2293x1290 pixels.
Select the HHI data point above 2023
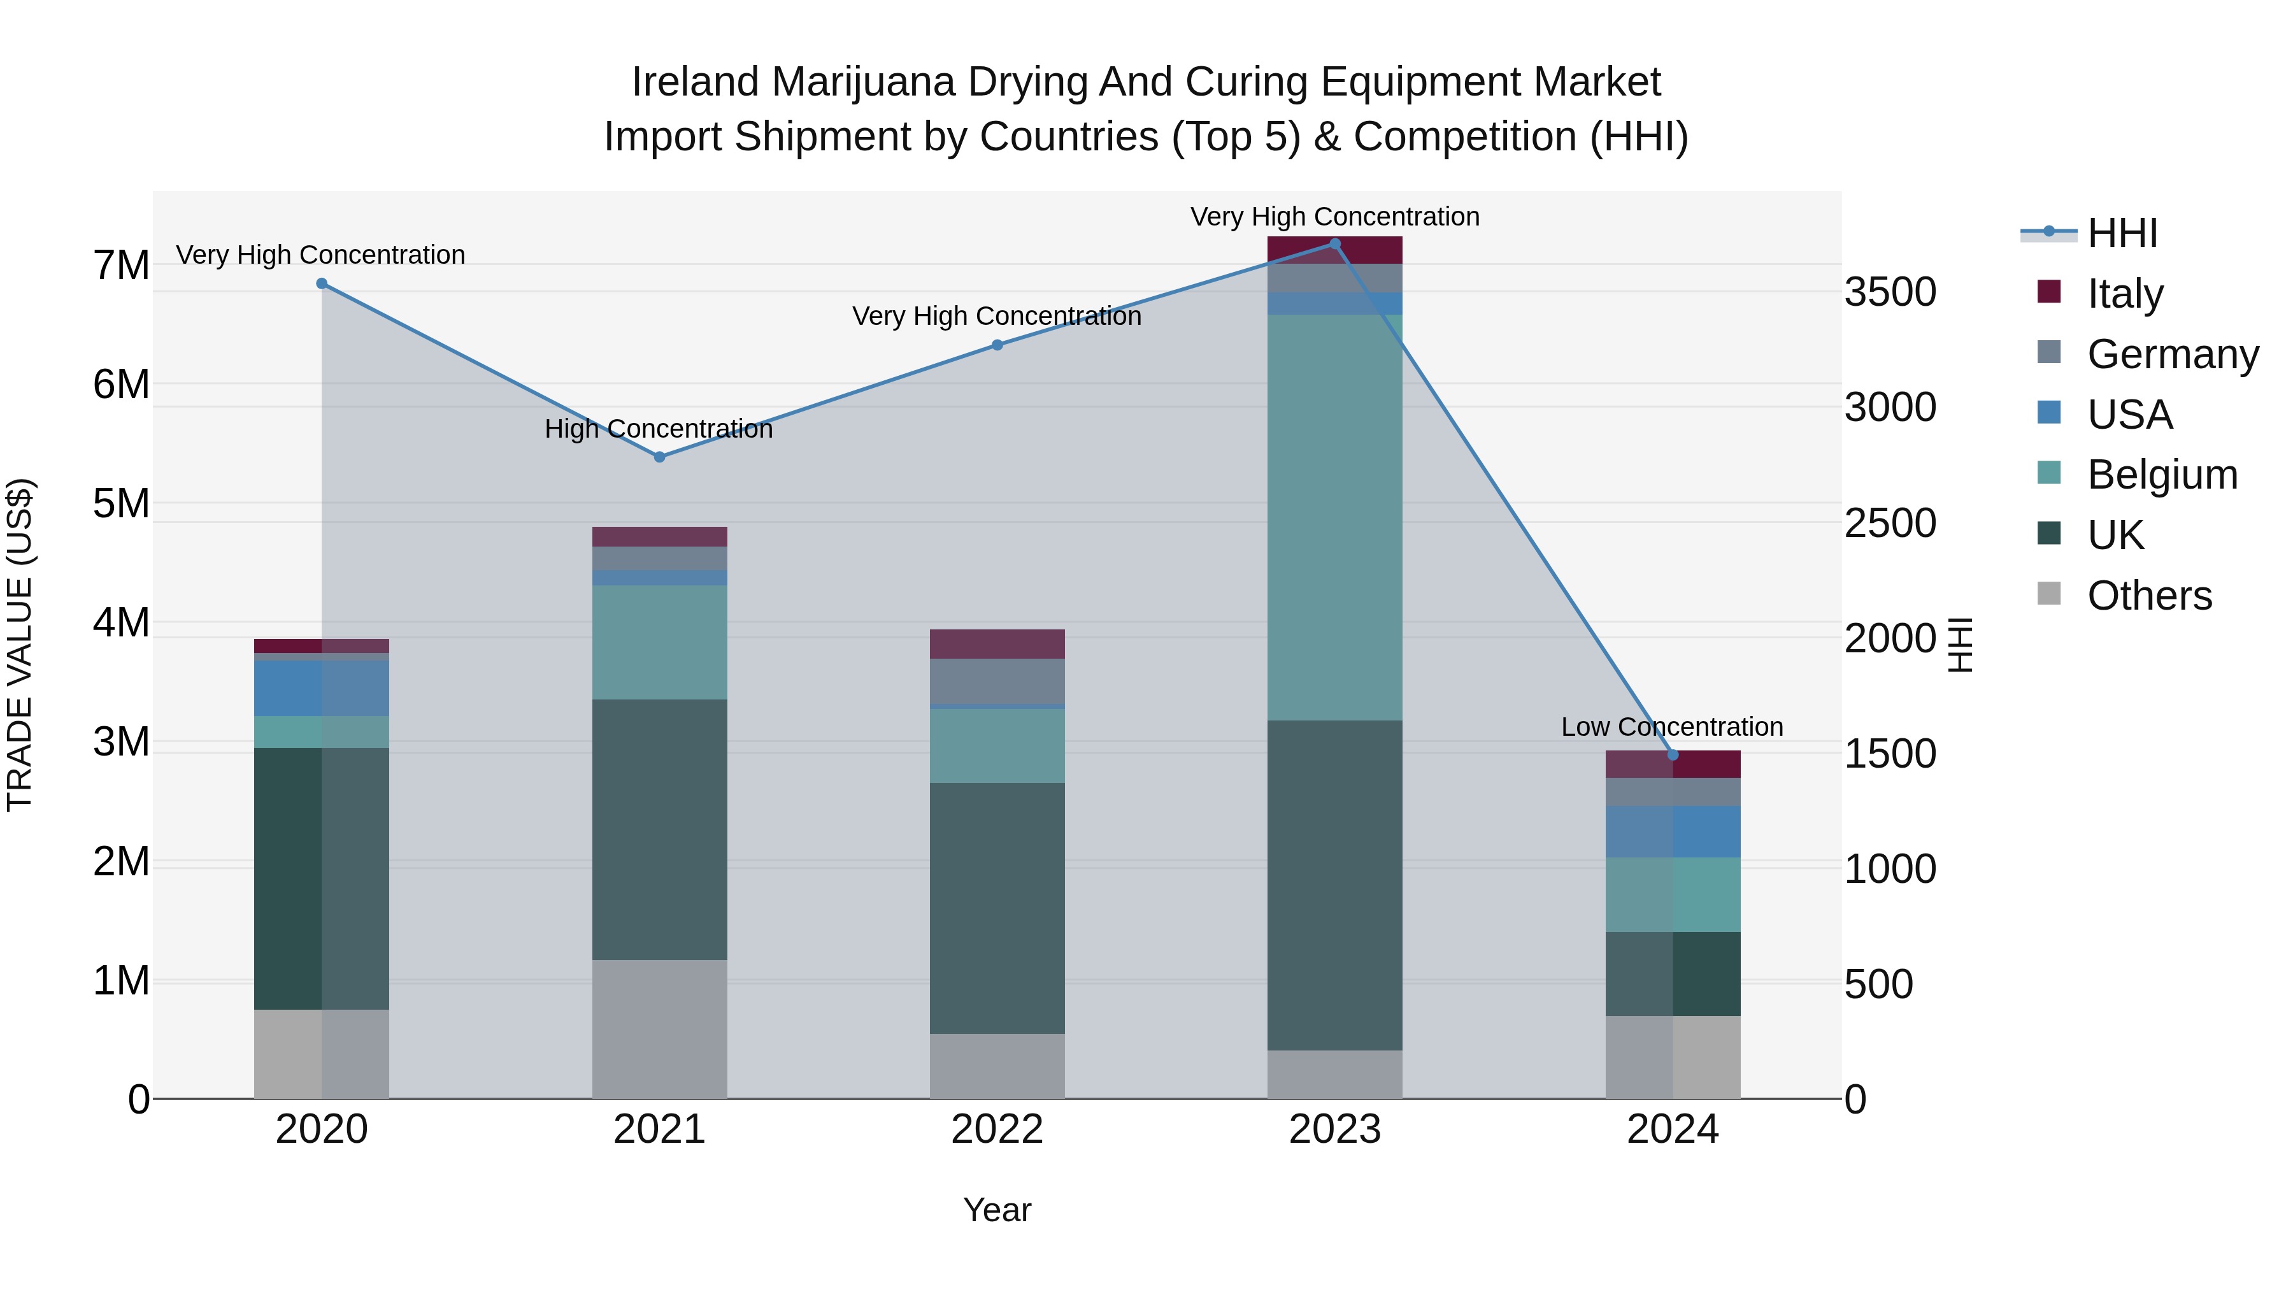click(1334, 244)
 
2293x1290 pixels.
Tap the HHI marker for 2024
click(1673, 755)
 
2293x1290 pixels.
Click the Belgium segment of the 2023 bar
click(1334, 517)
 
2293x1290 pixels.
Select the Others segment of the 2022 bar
click(997, 1066)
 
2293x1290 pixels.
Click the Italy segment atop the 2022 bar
click(997, 643)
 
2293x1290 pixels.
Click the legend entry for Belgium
click(2161, 475)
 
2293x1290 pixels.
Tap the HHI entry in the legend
click(2122, 233)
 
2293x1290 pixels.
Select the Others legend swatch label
click(2149, 596)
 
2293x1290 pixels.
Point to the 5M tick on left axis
click(121, 504)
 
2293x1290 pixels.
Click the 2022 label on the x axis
click(997, 1129)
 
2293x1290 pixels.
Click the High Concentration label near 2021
click(659, 429)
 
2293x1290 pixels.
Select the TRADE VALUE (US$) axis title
click(20, 645)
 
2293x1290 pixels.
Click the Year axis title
click(997, 1210)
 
